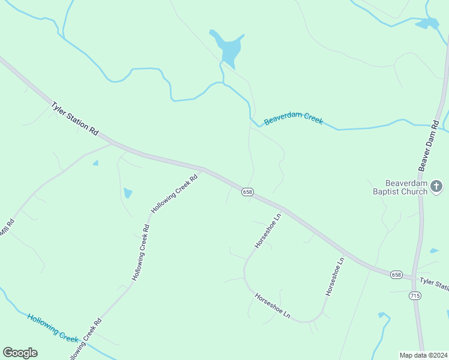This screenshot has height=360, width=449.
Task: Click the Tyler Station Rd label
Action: pos(74,118)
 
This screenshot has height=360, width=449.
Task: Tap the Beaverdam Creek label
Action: pos(294,119)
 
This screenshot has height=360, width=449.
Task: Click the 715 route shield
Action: pos(415,296)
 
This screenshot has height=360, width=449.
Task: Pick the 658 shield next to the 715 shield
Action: pos(396,274)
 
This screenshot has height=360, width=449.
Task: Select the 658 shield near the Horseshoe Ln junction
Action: pos(247,191)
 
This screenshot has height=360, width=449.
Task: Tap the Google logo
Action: pos(20,353)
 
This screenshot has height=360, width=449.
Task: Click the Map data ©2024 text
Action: pos(423,355)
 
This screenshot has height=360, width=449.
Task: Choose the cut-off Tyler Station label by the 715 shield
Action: pos(434,283)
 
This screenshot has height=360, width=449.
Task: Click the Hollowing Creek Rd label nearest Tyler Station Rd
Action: pos(175,194)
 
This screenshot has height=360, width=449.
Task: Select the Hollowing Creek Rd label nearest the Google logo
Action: pos(85,340)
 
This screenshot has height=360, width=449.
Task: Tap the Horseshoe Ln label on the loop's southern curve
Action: pos(273,305)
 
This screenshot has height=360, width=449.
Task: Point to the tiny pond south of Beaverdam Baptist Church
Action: pos(433,251)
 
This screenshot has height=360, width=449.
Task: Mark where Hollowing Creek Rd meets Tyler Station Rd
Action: pos(202,169)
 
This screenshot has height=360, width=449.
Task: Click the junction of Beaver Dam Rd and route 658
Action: pos(414,278)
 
